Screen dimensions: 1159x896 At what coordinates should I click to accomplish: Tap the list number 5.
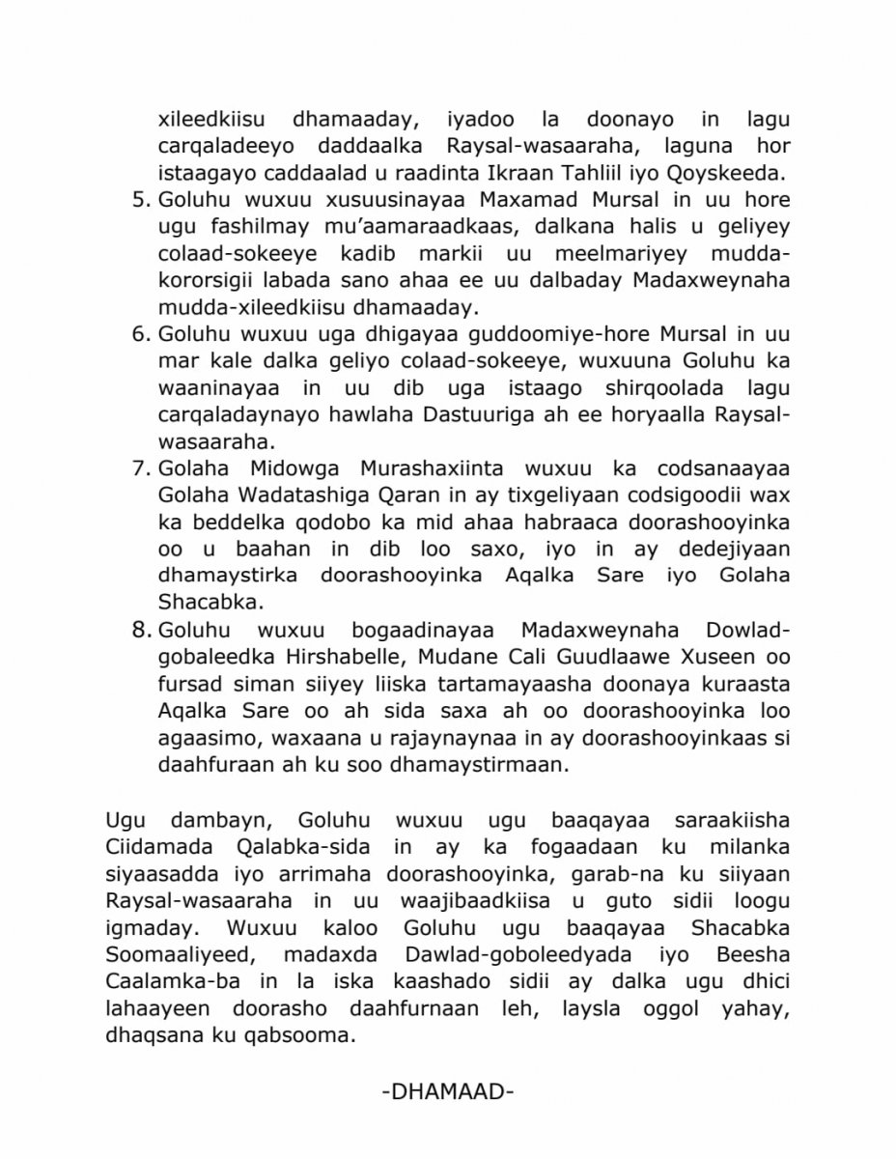pos(138,202)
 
